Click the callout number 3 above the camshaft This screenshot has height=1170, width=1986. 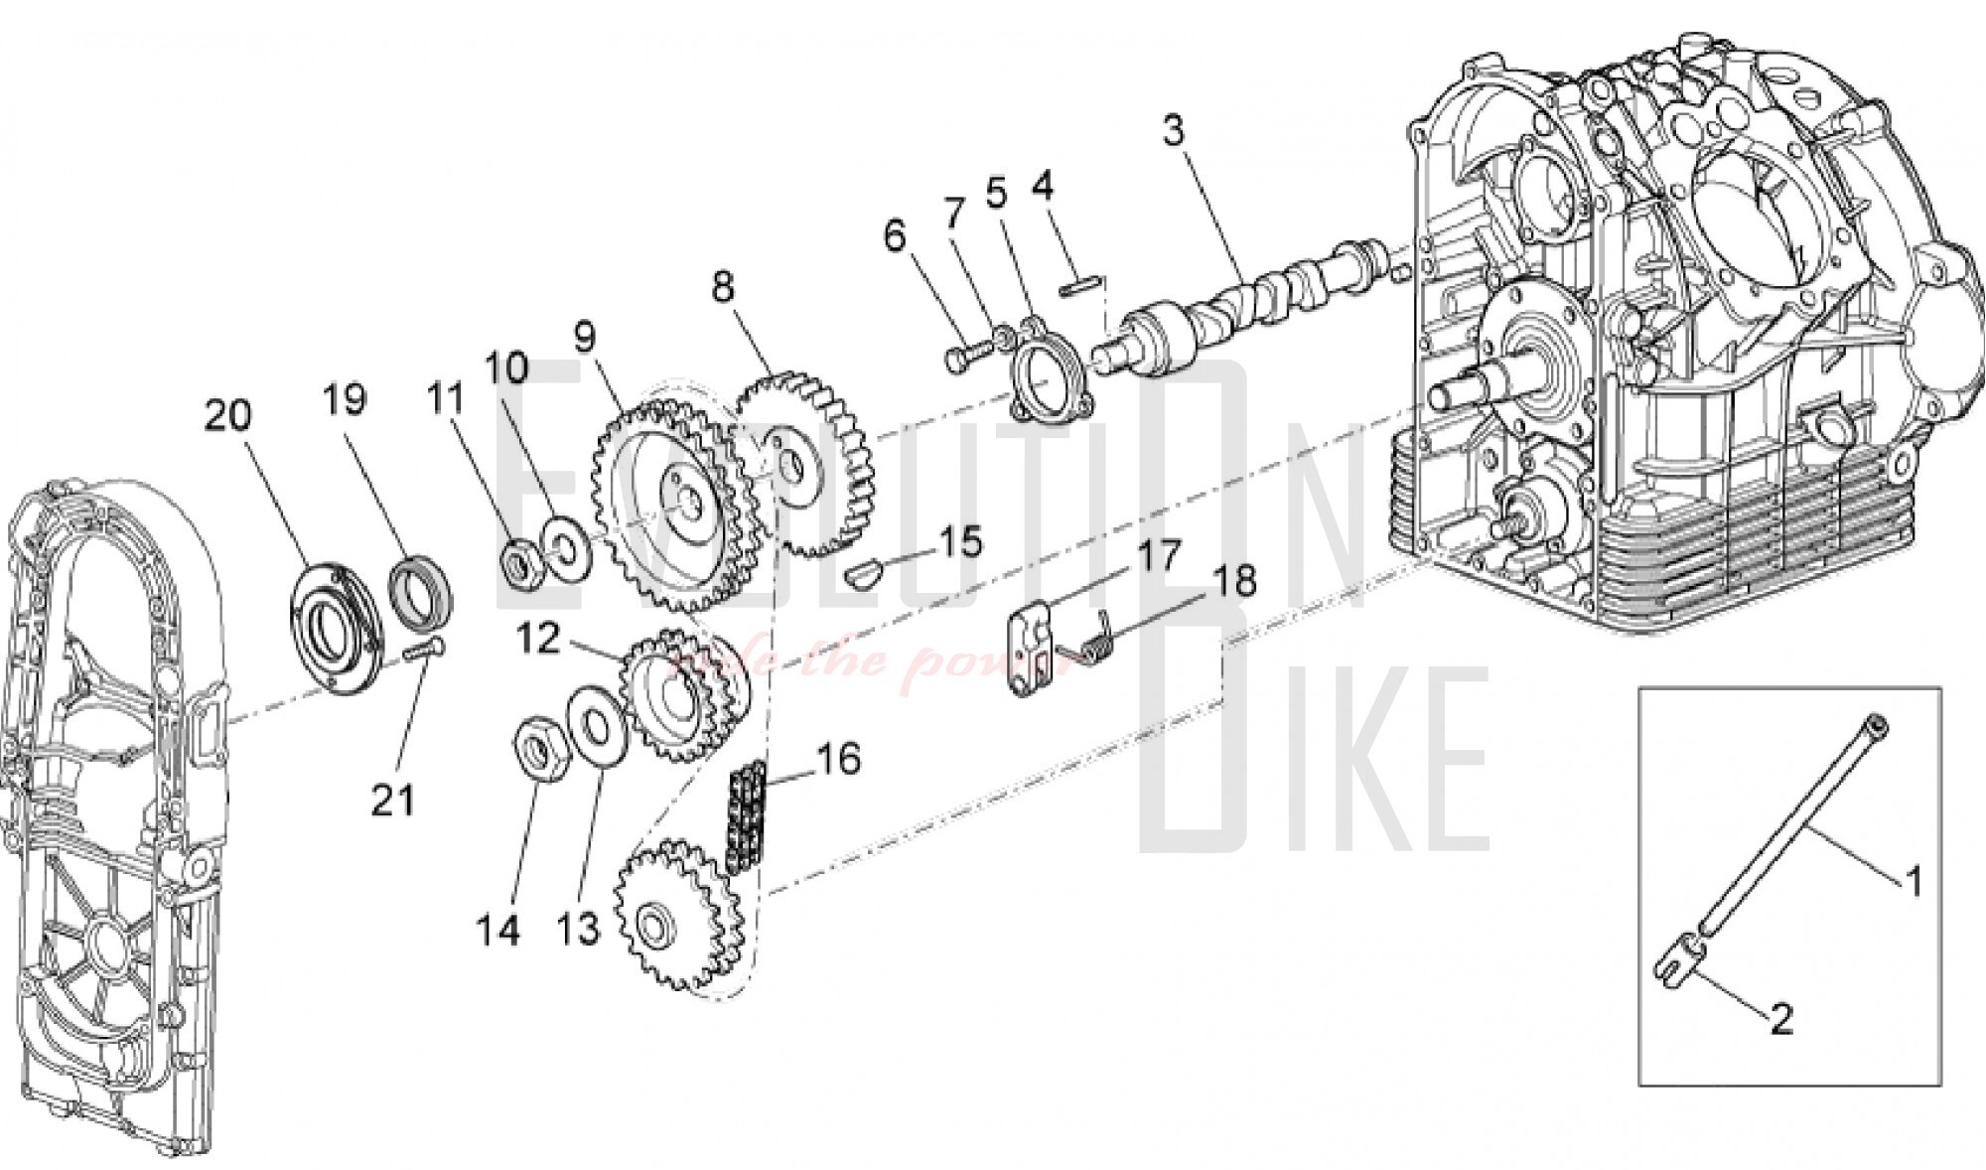(1174, 130)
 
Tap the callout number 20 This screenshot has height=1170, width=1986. (227, 415)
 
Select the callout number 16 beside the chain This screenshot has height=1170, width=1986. (837, 760)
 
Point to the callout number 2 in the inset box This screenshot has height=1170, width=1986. (1781, 1019)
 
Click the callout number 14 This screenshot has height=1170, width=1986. (497, 931)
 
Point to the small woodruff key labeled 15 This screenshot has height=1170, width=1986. (862, 573)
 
